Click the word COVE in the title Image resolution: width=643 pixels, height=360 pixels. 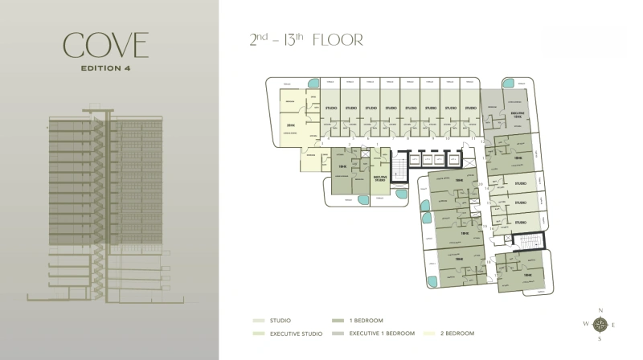pyautogui.click(x=107, y=46)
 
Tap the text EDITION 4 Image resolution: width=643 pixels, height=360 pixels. pyautogui.click(x=107, y=67)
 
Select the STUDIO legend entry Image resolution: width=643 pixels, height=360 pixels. pyautogui.click(x=280, y=320)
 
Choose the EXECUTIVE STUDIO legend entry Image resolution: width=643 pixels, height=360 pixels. pyautogui.click(x=293, y=333)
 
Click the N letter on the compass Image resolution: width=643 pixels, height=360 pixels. pyautogui.click(x=600, y=310)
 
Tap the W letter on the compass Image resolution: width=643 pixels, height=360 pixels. pyautogui.click(x=586, y=325)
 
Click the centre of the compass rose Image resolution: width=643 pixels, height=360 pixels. pyautogui.click(x=600, y=325)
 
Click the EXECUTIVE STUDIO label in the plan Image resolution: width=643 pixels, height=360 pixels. pyautogui.click(x=380, y=178)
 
